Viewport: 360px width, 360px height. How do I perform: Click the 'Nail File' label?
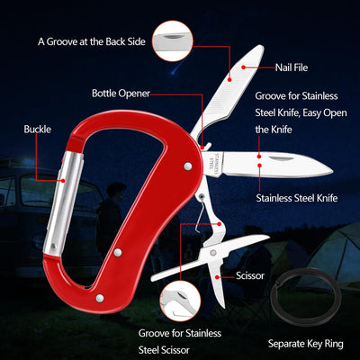pyautogui.click(x=292, y=67)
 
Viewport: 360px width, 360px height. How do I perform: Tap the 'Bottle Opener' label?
pyautogui.click(x=121, y=94)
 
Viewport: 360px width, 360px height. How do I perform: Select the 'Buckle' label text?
pyautogui.click(x=38, y=130)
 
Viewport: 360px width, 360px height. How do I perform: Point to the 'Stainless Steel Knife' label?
pyautogui.click(x=297, y=198)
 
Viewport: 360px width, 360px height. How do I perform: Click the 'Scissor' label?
pyautogui.click(x=250, y=275)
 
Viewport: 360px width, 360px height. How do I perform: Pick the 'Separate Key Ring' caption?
pyautogui.click(x=306, y=344)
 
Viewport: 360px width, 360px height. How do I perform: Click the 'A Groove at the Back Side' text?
pyautogui.click(x=92, y=41)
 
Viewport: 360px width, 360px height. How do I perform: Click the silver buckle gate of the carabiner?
pyautogui.click(x=63, y=204)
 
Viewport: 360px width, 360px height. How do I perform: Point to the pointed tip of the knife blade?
pyautogui.click(x=332, y=172)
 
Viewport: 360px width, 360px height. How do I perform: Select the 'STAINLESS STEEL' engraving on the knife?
pyautogui.click(x=216, y=163)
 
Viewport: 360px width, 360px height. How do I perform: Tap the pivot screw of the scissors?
pyautogui.click(x=213, y=253)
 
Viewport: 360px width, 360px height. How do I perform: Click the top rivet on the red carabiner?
pyautogui.click(x=188, y=166)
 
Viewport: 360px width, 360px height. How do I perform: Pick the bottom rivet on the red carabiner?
pyautogui.click(x=100, y=298)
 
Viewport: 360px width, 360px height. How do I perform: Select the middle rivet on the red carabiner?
pyautogui.click(x=118, y=252)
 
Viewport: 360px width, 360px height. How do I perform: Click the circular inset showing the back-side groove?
pyautogui.click(x=172, y=41)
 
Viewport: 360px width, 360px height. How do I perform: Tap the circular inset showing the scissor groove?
pyautogui.click(x=180, y=301)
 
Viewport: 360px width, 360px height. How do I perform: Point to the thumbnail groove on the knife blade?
pyautogui.click(x=281, y=157)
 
